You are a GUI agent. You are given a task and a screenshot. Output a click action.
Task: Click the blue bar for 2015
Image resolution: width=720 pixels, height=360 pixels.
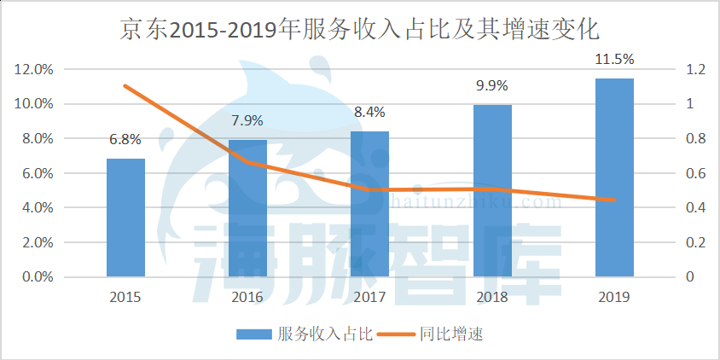(125, 218)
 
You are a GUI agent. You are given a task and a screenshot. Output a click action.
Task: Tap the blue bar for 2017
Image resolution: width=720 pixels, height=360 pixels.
(369, 204)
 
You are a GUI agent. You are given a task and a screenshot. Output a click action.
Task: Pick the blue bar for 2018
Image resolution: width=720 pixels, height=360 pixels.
(492, 191)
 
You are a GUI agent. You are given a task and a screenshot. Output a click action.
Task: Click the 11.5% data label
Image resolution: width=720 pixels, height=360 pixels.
(614, 59)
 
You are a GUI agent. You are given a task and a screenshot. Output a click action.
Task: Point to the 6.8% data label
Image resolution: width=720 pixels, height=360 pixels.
(125, 139)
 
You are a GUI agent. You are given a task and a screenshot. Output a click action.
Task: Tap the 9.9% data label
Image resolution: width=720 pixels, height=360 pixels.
(492, 85)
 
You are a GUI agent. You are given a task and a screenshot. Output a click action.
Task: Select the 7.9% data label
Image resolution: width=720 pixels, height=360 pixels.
(247, 120)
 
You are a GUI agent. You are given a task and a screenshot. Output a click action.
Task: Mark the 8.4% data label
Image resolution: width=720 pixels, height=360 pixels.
(369, 112)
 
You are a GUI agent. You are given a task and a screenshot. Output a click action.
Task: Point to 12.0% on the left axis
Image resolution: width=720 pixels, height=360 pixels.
(34, 69)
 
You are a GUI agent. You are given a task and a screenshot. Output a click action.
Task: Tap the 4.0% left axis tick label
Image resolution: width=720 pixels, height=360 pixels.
(37, 208)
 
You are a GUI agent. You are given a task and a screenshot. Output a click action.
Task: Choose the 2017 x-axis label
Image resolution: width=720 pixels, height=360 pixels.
(369, 297)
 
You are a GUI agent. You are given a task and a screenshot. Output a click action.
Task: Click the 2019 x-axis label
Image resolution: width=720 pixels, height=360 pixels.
(614, 297)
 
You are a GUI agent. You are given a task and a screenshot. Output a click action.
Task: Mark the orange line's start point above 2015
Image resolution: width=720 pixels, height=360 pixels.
(125, 85)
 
